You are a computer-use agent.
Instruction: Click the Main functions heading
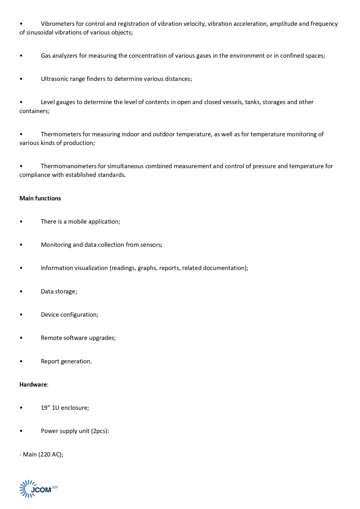[40, 198]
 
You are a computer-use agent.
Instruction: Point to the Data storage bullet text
[59, 291]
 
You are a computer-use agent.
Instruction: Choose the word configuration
[79, 315]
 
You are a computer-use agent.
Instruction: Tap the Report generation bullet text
[66, 361]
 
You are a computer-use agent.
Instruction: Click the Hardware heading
[33, 385]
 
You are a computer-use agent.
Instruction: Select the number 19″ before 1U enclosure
[46, 408]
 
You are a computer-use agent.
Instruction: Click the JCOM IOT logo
[39, 489]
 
